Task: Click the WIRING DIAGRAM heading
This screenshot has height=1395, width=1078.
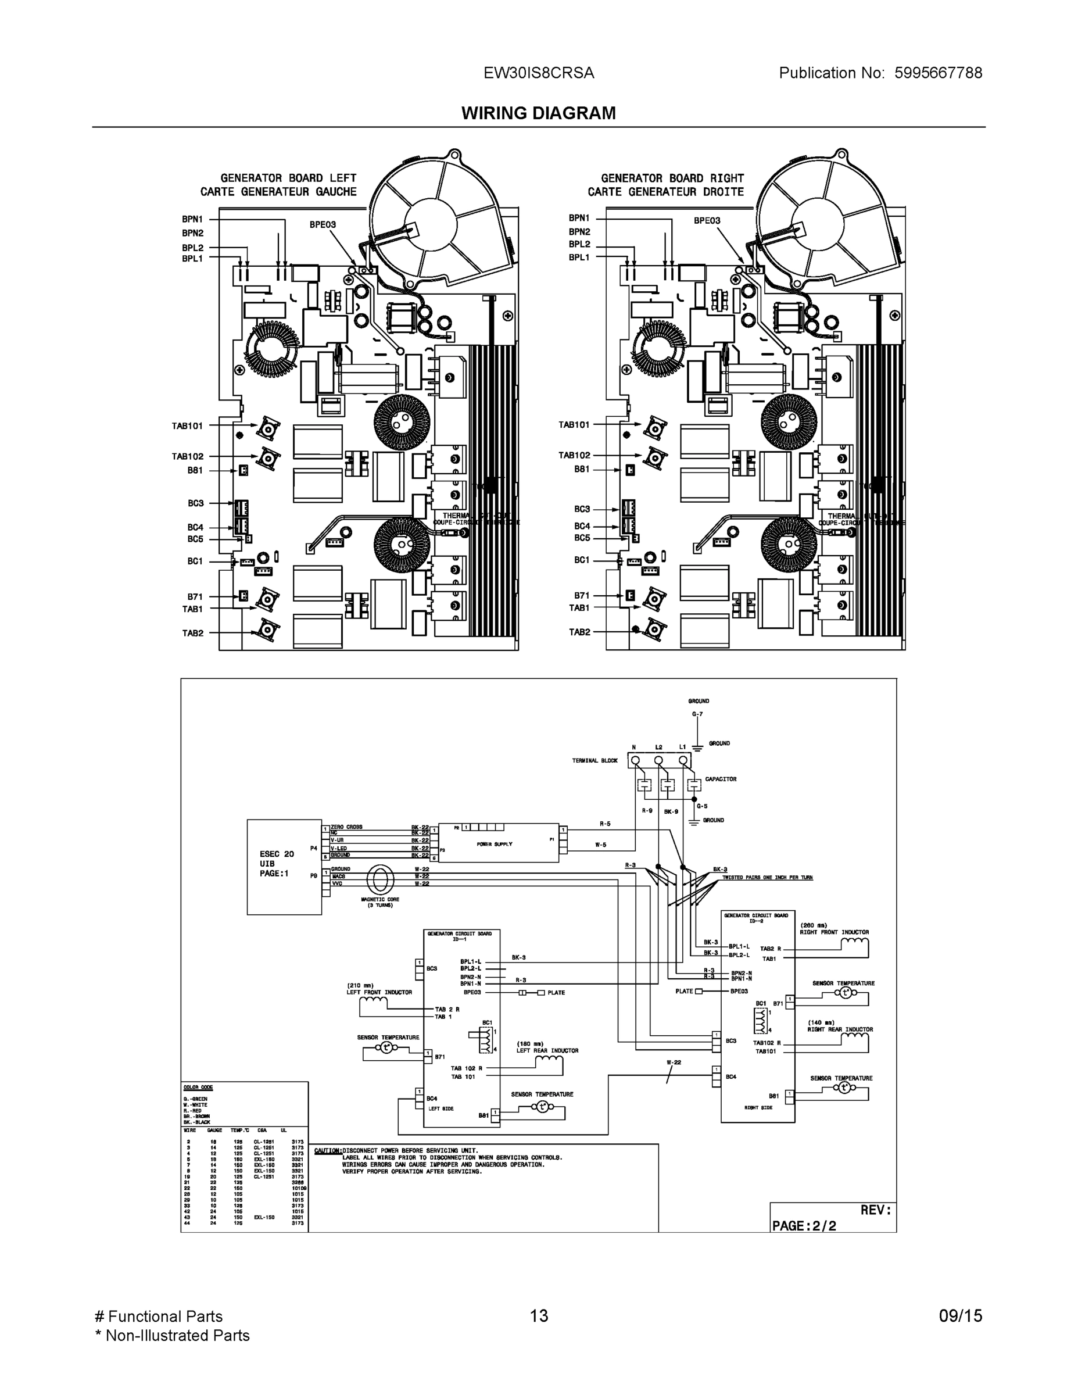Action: coord(538,113)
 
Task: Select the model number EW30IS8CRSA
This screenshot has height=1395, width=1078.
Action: coord(538,73)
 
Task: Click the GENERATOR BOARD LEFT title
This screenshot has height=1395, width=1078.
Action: coord(288,178)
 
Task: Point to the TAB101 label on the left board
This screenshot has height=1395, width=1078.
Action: coord(187,425)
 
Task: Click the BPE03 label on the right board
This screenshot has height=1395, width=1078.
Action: coord(707,220)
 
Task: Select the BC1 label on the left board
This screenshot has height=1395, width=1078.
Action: coord(195,561)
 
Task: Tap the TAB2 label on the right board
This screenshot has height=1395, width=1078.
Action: coord(579,632)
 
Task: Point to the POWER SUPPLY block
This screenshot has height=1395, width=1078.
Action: coord(495,845)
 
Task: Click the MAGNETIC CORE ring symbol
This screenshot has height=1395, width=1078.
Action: coord(380,880)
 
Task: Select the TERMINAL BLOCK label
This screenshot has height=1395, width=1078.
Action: coord(594,761)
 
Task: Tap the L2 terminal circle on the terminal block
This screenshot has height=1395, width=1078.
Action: coord(659,760)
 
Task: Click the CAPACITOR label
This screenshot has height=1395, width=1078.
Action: coord(721,779)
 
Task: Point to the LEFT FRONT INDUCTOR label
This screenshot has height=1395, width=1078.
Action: coord(379,992)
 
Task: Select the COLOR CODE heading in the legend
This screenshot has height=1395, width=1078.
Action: coord(198,1087)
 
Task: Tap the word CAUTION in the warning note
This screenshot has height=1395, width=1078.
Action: coord(328,1150)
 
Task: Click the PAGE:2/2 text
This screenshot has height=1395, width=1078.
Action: coord(803,1226)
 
